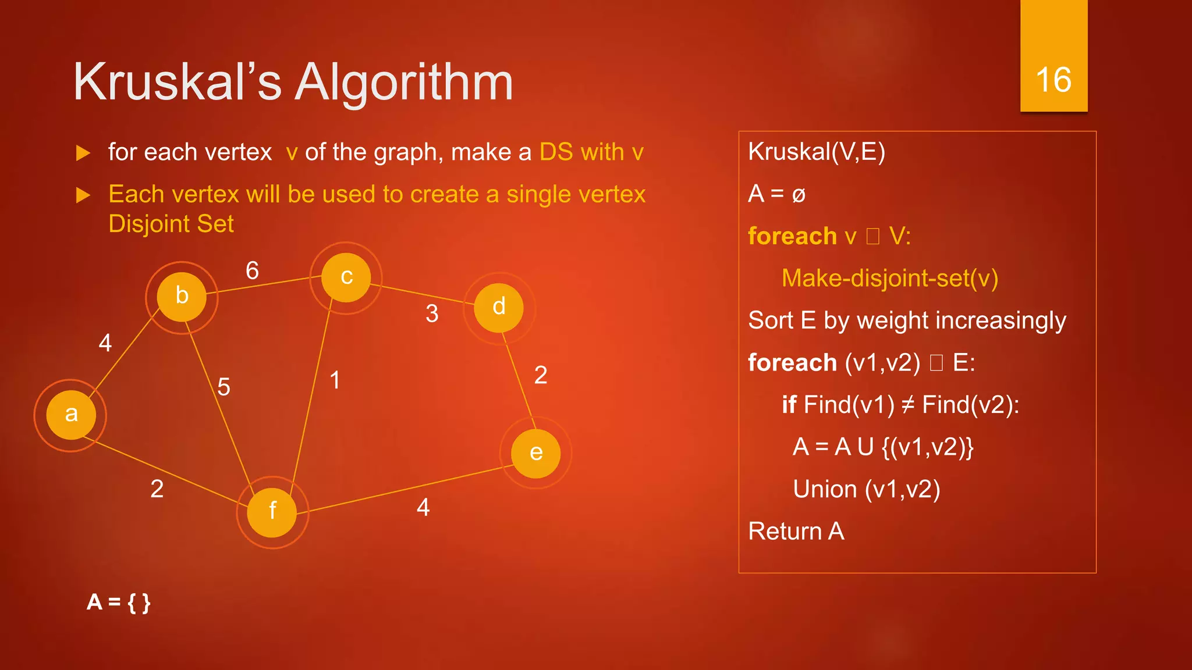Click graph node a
(70, 415)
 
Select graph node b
(182, 297)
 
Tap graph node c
(346, 277)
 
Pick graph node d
(499, 308)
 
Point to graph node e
(535, 453)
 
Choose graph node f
(272, 512)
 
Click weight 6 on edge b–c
(252, 270)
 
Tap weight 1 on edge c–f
(335, 380)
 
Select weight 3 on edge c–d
(432, 314)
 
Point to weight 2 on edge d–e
(541, 375)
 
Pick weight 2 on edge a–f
(157, 489)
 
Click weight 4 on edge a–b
(105, 343)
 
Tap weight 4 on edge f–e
(423, 508)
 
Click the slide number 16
(1053, 80)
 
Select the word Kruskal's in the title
(178, 83)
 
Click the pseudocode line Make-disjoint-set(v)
(889, 279)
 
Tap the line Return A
(796, 532)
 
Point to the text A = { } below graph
(119, 603)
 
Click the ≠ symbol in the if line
(907, 405)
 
